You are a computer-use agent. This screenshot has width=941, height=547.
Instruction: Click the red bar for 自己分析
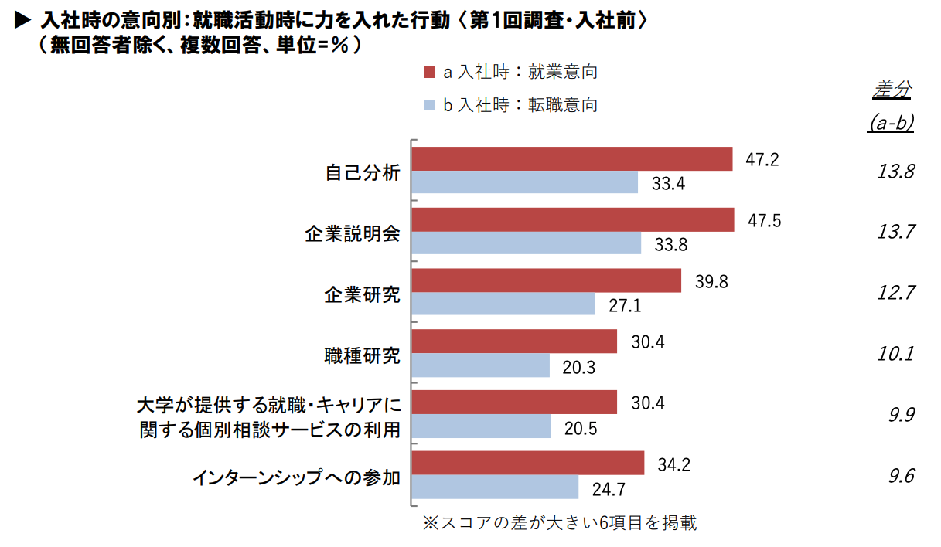click(571, 159)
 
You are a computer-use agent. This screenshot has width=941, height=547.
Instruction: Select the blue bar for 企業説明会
click(526, 243)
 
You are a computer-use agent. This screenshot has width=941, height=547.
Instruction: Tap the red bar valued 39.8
click(546, 281)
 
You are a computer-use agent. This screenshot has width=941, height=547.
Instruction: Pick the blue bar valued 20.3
click(480, 365)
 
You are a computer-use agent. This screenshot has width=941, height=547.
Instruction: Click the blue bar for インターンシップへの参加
click(495, 488)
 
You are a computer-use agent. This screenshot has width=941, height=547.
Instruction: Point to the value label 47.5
click(764, 221)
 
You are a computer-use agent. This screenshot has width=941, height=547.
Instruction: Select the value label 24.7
click(609, 489)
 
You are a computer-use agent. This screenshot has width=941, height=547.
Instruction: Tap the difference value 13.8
click(895, 172)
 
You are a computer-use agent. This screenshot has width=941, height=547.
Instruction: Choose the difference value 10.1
click(895, 354)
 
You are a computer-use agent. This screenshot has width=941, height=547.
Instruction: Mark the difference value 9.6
click(901, 476)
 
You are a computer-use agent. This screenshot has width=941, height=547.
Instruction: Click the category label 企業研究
click(362, 294)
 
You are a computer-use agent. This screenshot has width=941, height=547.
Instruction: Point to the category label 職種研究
click(362, 355)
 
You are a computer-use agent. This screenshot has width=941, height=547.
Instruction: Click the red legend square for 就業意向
click(430, 73)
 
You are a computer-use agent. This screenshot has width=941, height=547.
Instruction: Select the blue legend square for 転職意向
click(430, 105)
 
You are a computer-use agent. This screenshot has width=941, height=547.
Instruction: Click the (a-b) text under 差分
click(891, 123)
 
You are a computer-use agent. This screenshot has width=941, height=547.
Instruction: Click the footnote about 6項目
click(559, 523)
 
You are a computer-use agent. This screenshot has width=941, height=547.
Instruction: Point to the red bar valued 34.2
click(527, 464)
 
